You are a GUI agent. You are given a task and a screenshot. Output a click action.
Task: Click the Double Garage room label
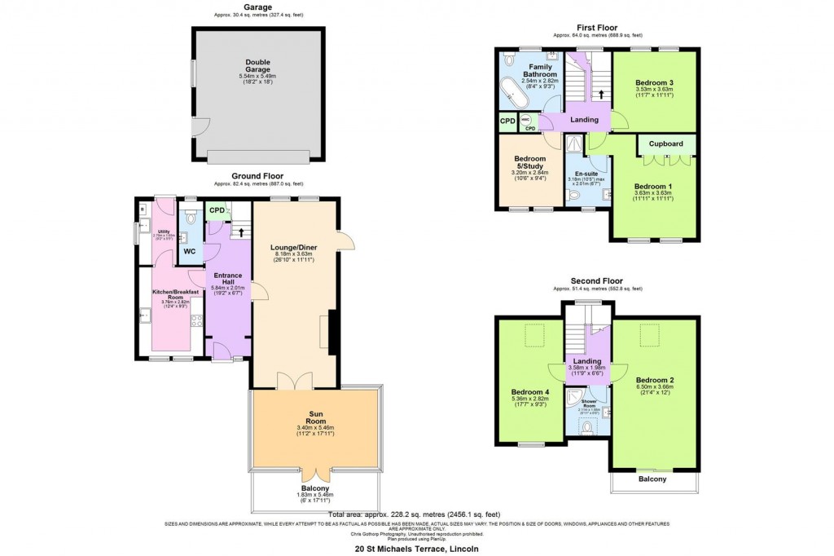257,66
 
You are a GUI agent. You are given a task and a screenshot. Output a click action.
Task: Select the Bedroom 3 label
654,84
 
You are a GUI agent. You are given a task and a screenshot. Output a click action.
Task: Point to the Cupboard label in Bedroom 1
665,144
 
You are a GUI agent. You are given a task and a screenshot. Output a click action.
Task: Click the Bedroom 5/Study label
529,162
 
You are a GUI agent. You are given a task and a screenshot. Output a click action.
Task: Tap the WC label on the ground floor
189,252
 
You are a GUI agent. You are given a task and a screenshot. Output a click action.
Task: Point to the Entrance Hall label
222,277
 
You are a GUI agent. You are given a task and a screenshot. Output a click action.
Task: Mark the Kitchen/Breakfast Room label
170,293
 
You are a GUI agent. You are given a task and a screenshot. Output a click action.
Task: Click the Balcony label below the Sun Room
317,489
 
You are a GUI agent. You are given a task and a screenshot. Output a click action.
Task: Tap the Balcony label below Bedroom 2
652,479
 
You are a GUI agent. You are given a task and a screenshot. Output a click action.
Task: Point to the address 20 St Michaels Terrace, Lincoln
416,549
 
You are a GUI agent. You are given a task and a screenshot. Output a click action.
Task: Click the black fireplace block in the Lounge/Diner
332,333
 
